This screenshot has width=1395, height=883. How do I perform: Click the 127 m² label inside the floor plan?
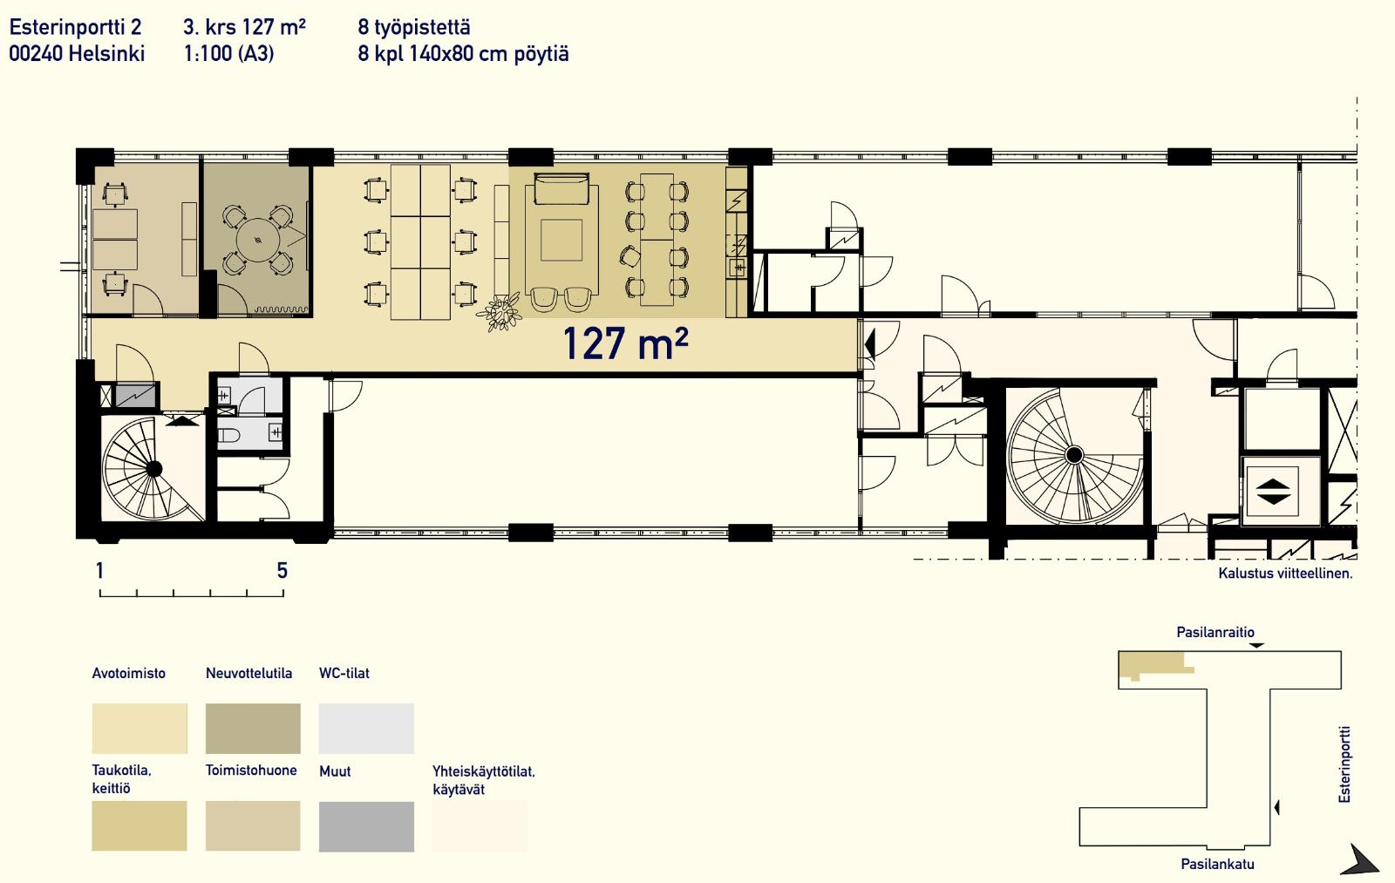[x=625, y=343]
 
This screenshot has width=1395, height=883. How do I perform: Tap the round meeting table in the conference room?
[x=258, y=241]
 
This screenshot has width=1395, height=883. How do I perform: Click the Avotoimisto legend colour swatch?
[x=139, y=728]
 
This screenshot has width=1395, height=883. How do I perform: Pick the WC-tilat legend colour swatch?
[x=366, y=728]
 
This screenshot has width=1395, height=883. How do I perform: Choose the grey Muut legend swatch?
[x=366, y=826]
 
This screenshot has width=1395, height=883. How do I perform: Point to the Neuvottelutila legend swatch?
[x=253, y=728]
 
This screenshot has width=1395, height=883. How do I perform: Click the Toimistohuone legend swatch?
[x=253, y=825]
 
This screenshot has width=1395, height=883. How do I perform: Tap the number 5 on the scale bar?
[x=282, y=570]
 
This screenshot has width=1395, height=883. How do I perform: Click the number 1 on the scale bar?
[x=99, y=570]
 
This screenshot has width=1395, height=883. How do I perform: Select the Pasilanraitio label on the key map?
[x=1215, y=632]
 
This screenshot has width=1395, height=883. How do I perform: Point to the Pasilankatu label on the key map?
[x=1217, y=864]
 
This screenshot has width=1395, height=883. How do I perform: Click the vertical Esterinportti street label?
[x=1344, y=764]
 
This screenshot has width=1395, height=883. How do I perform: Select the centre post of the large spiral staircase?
[x=1074, y=455]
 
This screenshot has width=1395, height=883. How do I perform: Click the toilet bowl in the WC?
[x=228, y=435]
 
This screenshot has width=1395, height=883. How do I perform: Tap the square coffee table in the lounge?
[x=561, y=241]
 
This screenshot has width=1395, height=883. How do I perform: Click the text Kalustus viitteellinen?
[x=1285, y=574]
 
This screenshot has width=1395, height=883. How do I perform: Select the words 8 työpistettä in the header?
[x=414, y=27]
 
